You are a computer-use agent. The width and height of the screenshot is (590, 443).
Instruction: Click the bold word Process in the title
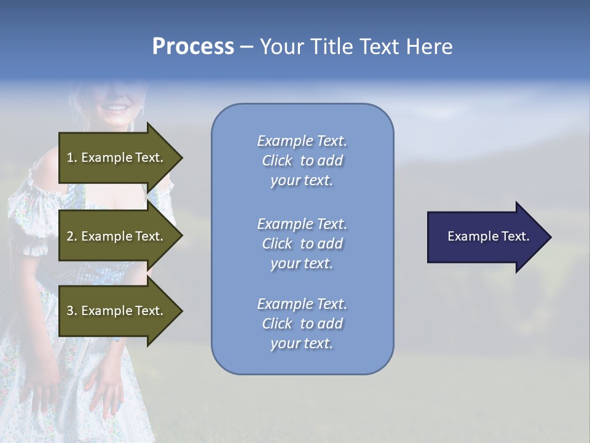193,47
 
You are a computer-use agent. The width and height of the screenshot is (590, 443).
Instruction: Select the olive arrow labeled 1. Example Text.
117,158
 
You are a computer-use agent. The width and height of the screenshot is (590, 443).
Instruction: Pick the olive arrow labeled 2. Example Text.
117,236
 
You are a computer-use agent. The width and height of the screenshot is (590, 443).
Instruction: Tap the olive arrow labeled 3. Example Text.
117,311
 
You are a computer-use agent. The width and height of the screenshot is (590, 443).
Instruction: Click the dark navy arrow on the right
486,237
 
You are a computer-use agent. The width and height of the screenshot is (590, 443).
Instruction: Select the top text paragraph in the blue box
302,161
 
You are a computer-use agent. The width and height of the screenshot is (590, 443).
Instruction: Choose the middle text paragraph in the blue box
302,244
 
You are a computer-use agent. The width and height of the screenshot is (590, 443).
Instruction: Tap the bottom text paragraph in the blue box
302,324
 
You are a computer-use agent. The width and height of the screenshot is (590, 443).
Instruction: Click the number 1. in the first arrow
71,158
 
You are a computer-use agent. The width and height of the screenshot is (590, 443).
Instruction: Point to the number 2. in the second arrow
71,236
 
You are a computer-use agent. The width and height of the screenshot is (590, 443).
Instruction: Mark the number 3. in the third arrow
71,311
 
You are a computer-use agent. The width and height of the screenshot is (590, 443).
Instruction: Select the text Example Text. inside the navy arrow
488,236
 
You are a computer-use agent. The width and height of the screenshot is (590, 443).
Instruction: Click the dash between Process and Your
246,47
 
